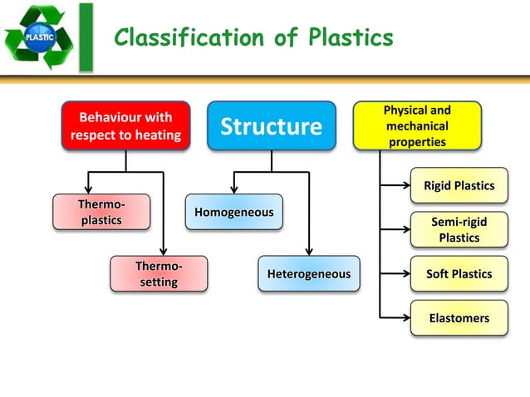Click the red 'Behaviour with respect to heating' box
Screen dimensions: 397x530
coord(125,126)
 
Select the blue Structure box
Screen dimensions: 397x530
coord(271,126)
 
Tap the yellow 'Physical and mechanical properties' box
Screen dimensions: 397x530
coord(417,126)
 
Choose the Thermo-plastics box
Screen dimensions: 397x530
coord(101,212)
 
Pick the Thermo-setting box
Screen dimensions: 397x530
coord(159,274)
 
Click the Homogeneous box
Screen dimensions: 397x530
coord(233,213)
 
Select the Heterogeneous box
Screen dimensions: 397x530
coord(309,274)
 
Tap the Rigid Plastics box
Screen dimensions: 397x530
coord(459,185)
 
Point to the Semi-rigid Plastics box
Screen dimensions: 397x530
coord(459,230)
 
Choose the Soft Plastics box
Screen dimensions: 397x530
coord(459,274)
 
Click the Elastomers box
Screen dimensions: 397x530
coord(459,318)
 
